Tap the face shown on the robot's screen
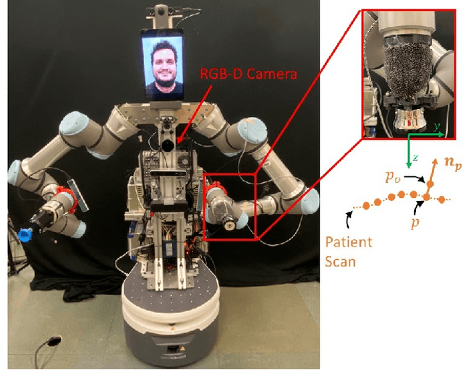pyautogui.click(x=163, y=68)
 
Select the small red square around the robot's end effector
pyautogui.click(x=230, y=207)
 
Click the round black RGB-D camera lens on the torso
pyautogui.click(x=166, y=145)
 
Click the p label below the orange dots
pyautogui.click(x=415, y=223)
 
